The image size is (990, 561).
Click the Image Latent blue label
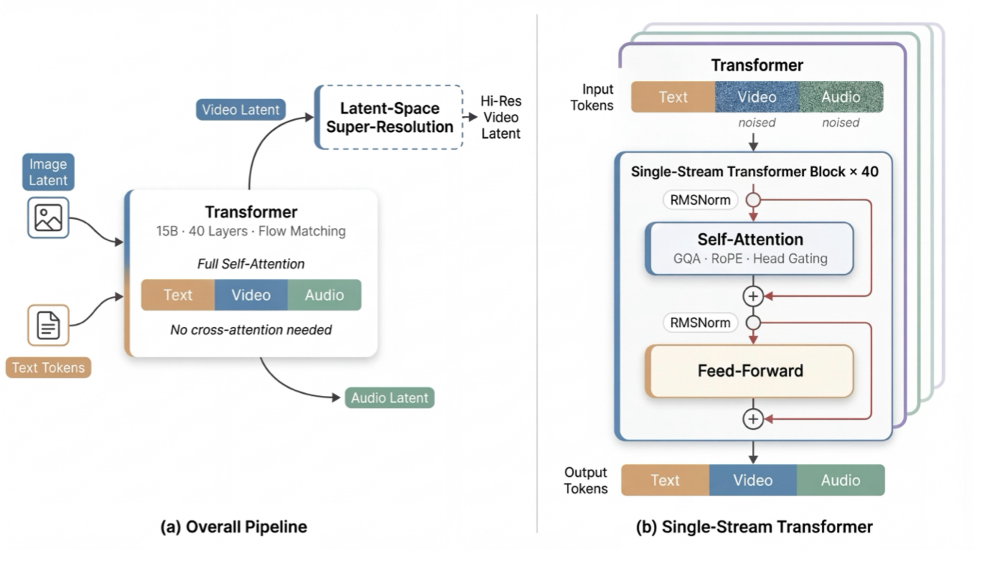[48, 172]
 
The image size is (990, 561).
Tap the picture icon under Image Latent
[48, 217]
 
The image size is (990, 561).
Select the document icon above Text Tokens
[48, 325]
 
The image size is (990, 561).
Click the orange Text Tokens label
[48, 367]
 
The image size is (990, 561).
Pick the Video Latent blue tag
[241, 109]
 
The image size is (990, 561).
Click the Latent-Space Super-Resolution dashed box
[389, 118]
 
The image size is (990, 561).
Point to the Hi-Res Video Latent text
[500, 118]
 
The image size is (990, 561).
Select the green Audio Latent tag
[389, 397]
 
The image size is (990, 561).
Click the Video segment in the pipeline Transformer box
[251, 295]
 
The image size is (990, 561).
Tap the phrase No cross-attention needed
[251, 329]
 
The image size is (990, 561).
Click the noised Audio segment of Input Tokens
[840, 97]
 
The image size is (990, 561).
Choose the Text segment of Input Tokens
[673, 97]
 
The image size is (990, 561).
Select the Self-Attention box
[750, 248]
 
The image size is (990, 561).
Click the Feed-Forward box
[750, 370]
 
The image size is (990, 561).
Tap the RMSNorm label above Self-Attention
[700, 200]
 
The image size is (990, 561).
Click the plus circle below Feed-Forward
[753, 418]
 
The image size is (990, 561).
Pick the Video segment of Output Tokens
[752, 480]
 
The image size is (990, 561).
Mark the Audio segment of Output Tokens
[840, 480]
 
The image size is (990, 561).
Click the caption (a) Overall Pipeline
[234, 527]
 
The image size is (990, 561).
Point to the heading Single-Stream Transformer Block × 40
[754, 171]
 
